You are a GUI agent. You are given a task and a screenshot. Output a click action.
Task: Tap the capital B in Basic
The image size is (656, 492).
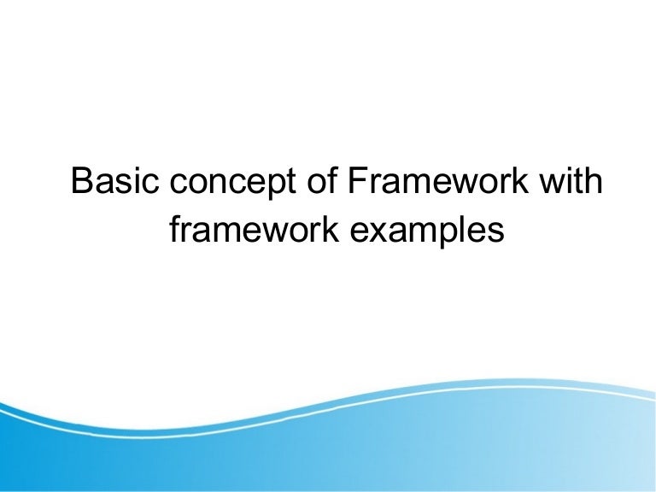82,182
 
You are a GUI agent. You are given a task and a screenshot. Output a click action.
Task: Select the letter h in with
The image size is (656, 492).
594,182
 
